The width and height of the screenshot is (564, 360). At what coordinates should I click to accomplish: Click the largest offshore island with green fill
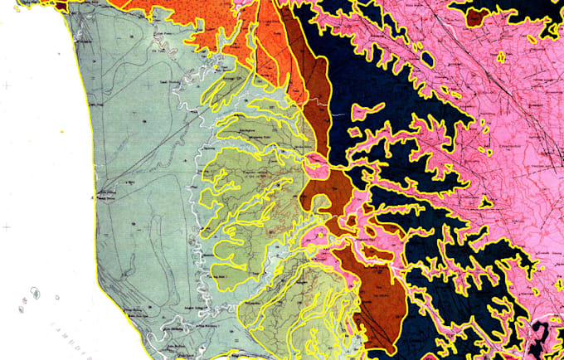tap(36, 294)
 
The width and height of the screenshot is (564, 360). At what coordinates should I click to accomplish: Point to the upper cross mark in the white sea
tap(8, 85)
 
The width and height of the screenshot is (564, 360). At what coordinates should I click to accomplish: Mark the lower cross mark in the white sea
tap(7, 226)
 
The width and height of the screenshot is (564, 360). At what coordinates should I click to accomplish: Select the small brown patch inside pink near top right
tap(477, 17)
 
